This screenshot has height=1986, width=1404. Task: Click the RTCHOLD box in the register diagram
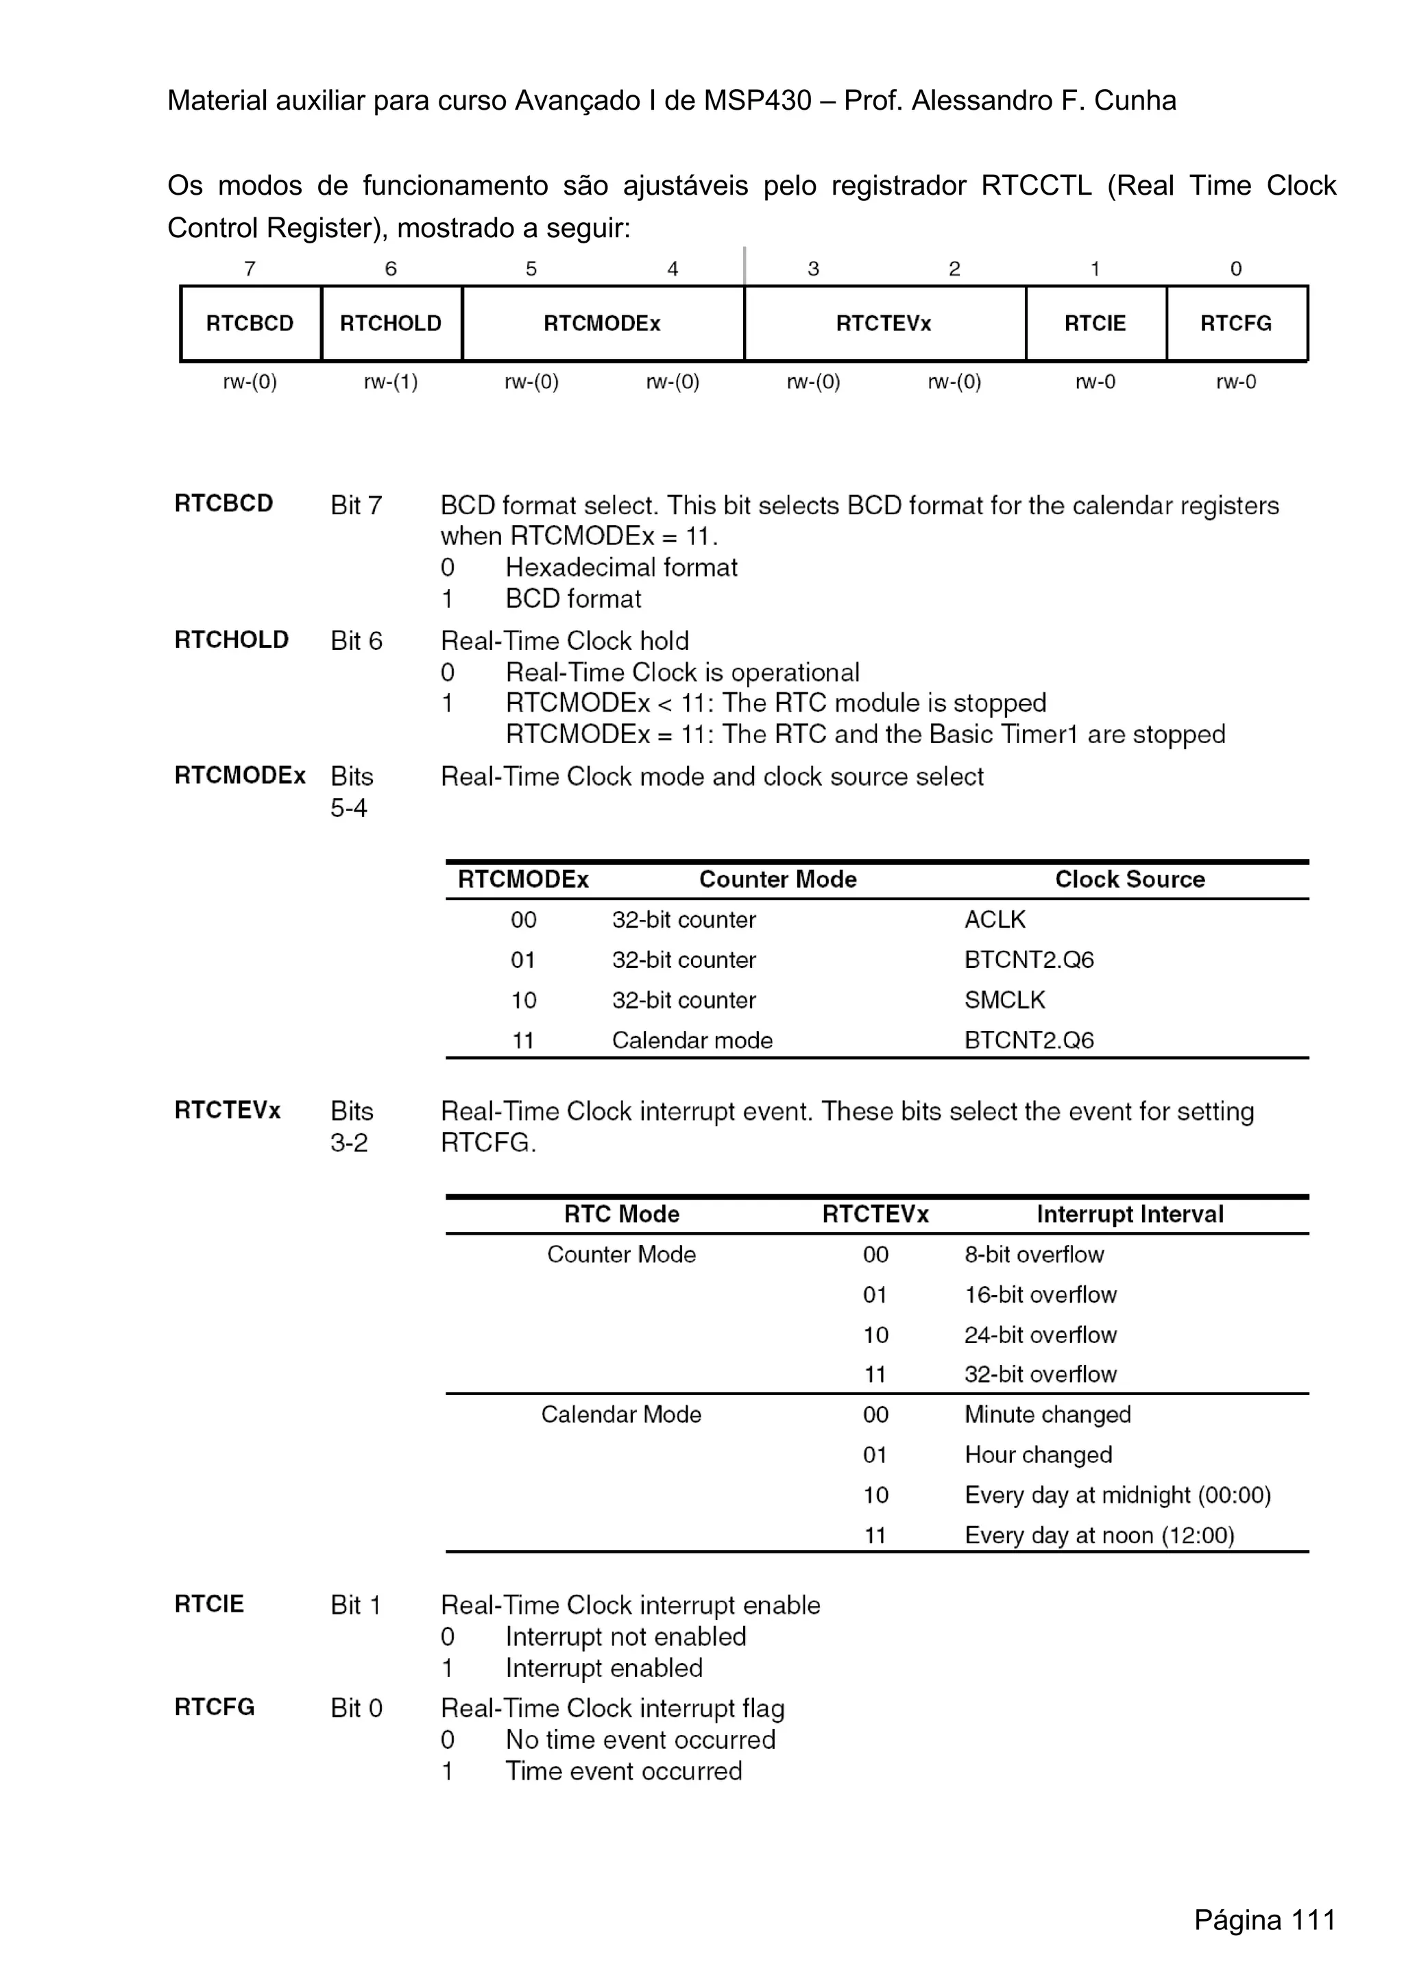(390, 323)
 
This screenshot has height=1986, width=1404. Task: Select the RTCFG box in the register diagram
(1235, 323)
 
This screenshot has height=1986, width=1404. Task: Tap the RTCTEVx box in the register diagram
(883, 323)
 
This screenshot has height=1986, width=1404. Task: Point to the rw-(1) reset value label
(390, 381)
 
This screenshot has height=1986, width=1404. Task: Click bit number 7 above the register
(250, 269)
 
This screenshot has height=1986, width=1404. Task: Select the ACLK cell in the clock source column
(995, 919)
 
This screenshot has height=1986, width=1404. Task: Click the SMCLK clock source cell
(1004, 1000)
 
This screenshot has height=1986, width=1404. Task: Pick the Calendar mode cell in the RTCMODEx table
(692, 1040)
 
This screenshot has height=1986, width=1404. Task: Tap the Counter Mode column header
(777, 879)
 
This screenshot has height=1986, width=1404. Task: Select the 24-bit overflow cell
(1040, 1335)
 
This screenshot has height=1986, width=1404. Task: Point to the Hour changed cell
(1038, 1455)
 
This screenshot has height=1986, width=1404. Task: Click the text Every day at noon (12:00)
(1099, 1536)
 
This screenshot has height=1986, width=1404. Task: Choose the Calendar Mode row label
(621, 1414)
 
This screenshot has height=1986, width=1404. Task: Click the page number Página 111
(1264, 1920)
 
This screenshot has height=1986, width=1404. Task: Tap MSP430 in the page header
(757, 101)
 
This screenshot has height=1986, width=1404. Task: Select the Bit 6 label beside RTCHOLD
(356, 641)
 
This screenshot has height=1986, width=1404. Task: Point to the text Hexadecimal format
(621, 568)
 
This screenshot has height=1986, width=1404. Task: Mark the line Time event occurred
(624, 1771)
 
